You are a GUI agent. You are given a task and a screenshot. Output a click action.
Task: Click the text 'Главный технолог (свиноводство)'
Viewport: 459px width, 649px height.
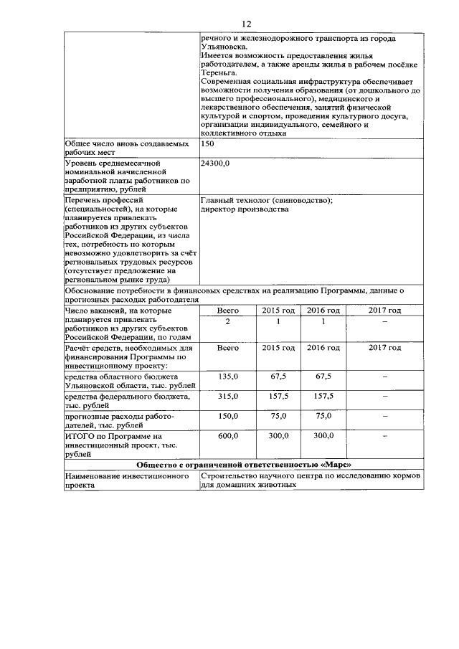point(267,201)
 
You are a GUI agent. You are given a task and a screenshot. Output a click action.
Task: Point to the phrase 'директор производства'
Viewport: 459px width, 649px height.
point(245,210)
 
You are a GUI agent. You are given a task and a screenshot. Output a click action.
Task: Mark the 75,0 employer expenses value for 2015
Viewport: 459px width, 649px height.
point(278,416)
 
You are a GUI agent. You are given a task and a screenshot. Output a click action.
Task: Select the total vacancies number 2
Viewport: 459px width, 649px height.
point(227,321)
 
